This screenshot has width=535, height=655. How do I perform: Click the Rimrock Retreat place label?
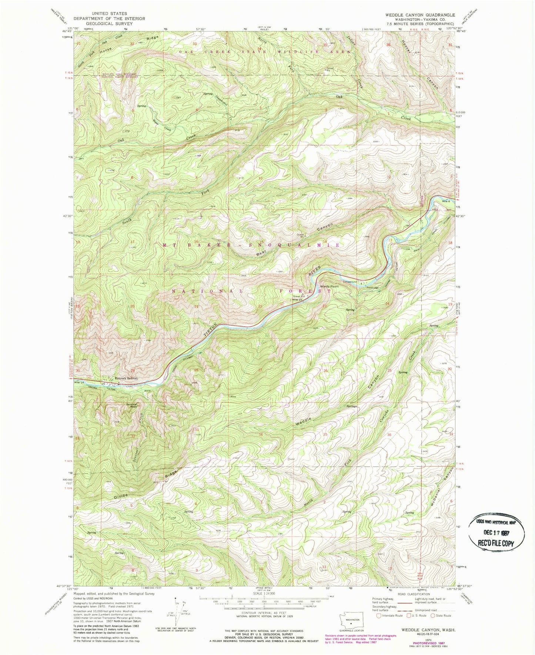[x=126, y=378]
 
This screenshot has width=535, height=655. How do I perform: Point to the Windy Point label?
[x=329, y=287]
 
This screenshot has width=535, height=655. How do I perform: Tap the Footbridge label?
[x=372, y=288]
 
